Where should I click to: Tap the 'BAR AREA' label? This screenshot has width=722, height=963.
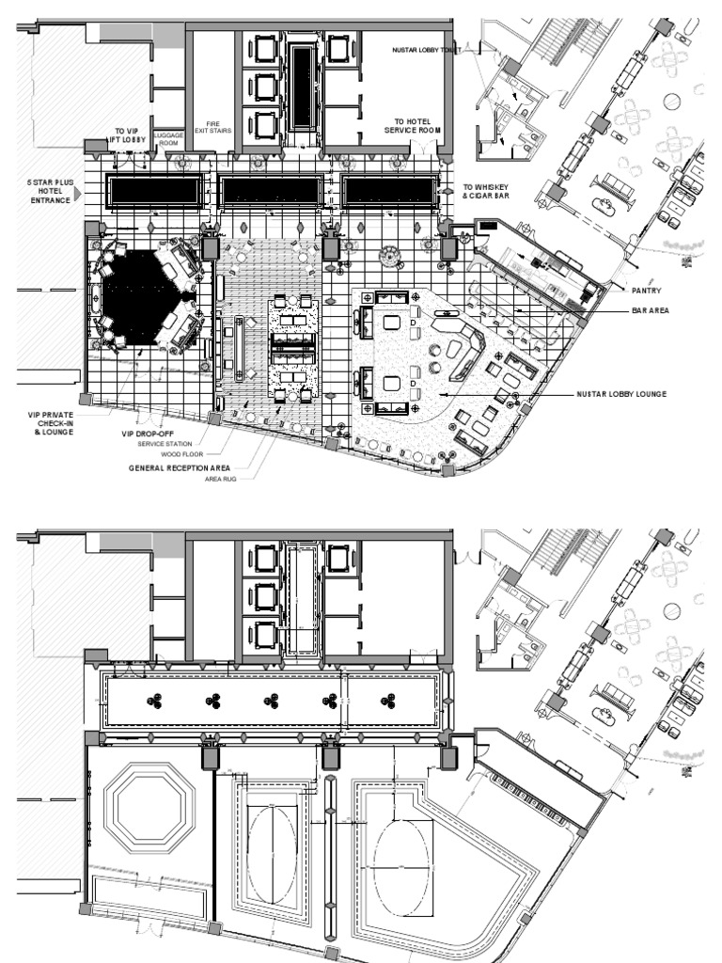click(x=651, y=309)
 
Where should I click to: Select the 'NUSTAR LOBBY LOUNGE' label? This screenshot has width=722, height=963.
click(x=621, y=394)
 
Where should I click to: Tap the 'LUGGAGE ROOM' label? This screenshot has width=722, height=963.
click(x=168, y=138)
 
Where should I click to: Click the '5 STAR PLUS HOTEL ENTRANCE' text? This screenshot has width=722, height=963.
click(x=49, y=192)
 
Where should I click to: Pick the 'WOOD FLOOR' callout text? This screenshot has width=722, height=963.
click(x=181, y=454)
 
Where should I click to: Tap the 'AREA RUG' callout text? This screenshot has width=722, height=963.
click(x=222, y=479)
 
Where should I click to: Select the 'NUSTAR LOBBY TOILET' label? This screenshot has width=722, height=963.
click(x=426, y=49)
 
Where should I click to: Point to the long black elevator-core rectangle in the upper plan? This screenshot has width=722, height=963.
click(x=303, y=87)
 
